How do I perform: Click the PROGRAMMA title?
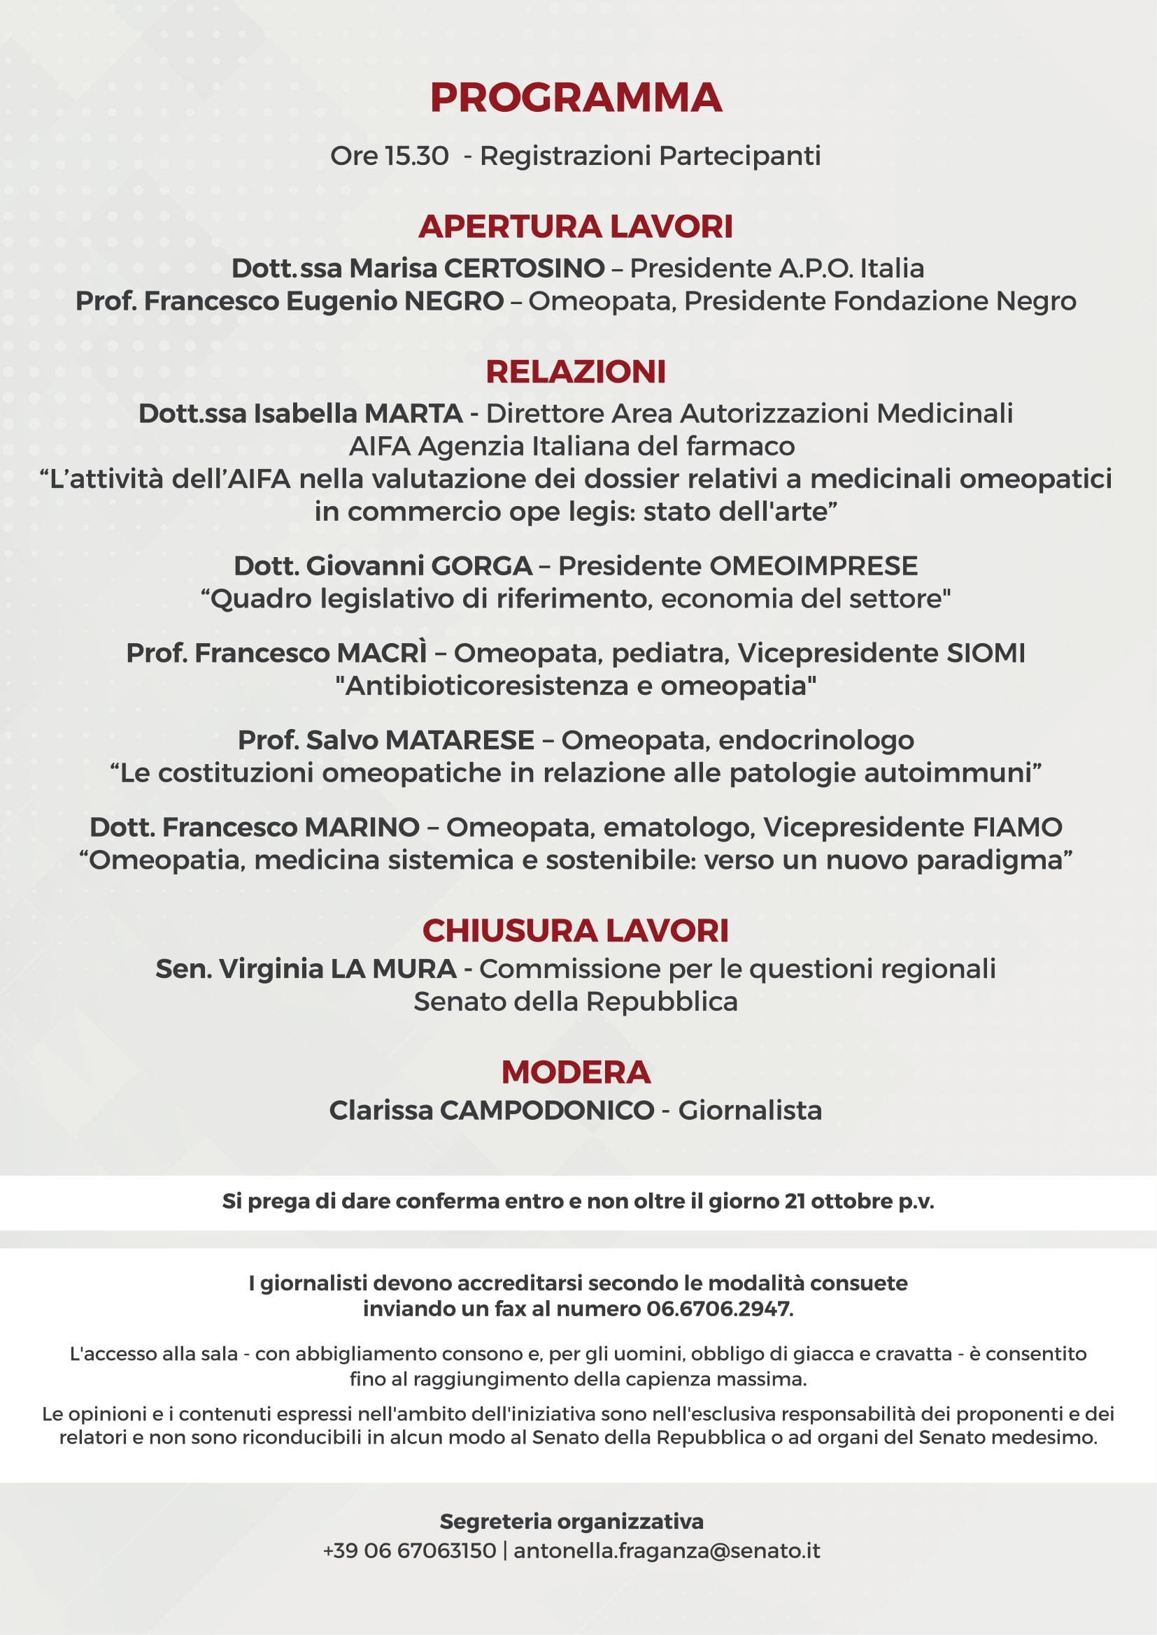pos(576,98)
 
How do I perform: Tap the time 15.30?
pos(417,155)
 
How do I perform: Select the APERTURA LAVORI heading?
pos(576,226)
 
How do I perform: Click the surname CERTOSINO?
pos(525,268)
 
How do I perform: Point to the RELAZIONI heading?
pos(576,372)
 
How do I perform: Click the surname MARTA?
pos(413,413)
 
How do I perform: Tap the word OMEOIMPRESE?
pos(813,566)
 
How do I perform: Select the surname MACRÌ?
pos(382,653)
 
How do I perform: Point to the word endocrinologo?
pos(816,740)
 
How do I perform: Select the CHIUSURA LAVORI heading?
pos(576,931)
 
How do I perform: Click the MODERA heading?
pos(576,1072)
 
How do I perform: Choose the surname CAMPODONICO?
pos(546,1110)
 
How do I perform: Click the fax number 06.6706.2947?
pos(720,1309)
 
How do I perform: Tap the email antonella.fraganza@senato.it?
pos(667,1550)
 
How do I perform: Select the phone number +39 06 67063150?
pos(410,1550)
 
